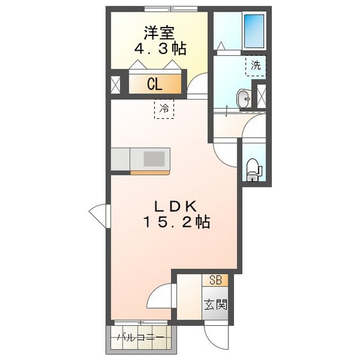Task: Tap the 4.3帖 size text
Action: click(160, 49)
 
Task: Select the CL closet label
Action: click(154, 84)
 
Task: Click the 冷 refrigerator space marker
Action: click(164, 109)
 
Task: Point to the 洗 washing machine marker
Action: click(256, 66)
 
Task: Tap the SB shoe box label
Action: click(215, 281)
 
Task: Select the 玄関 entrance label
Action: click(215, 304)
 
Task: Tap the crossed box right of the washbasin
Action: click(262, 96)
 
